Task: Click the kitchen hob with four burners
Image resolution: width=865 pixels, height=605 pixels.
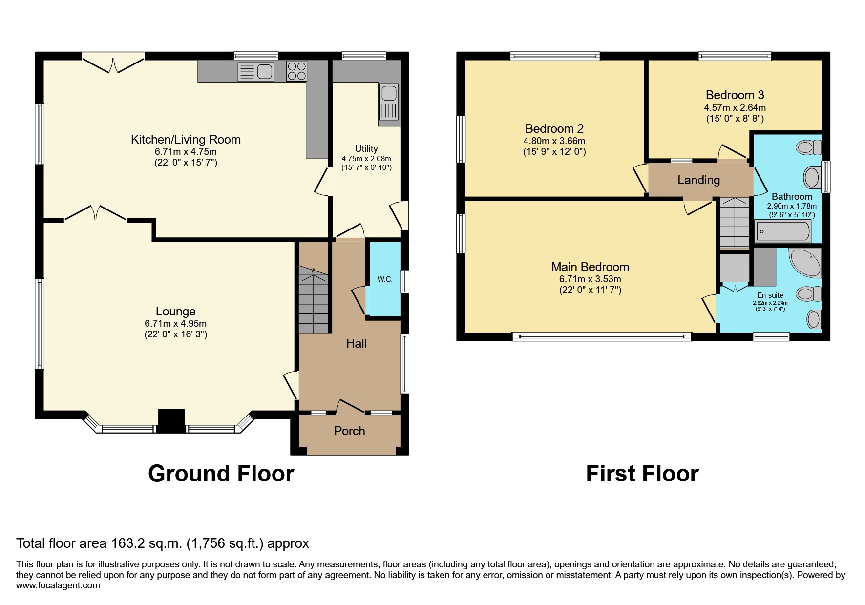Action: (296, 71)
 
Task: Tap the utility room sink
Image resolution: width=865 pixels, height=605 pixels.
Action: (389, 102)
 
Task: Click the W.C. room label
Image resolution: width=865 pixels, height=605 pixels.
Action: (385, 279)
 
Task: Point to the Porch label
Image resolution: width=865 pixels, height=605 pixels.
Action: (349, 431)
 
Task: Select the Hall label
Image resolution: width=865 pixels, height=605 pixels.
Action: (356, 344)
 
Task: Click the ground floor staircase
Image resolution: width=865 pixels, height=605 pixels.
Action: (313, 300)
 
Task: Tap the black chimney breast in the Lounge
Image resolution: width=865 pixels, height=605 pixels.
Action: (171, 420)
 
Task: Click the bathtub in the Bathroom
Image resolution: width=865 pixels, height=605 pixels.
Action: (783, 231)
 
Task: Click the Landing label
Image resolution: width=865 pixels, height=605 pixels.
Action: (698, 180)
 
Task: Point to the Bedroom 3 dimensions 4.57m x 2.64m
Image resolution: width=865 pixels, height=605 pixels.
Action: (735, 108)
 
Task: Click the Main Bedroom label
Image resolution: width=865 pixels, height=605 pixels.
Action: (590, 267)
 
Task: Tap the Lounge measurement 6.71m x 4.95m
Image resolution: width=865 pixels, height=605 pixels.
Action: (175, 324)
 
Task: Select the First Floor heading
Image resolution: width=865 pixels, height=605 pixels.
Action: (642, 474)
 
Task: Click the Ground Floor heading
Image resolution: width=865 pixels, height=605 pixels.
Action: (221, 474)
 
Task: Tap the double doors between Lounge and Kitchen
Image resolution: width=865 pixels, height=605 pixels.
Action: (96, 214)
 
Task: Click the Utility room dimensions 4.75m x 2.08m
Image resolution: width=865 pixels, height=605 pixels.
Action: (366, 159)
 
